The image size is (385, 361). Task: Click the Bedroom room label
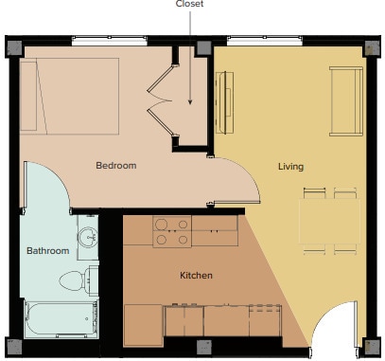(116, 166)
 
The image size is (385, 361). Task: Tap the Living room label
(290, 167)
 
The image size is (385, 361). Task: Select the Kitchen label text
(196, 276)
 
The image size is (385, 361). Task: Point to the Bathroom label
(47, 251)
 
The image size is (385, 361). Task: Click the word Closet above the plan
(189, 4)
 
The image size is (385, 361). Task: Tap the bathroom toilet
(76, 280)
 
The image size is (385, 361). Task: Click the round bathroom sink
(88, 237)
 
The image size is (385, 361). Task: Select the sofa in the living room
(345, 102)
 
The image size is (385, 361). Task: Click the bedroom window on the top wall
(108, 40)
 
